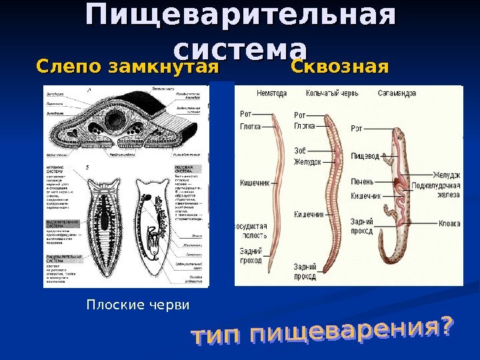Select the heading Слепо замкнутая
click(x=128, y=68)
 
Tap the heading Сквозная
click(x=339, y=68)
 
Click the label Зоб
click(x=301, y=151)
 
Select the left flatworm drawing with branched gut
click(x=107, y=227)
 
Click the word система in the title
click(x=240, y=49)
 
